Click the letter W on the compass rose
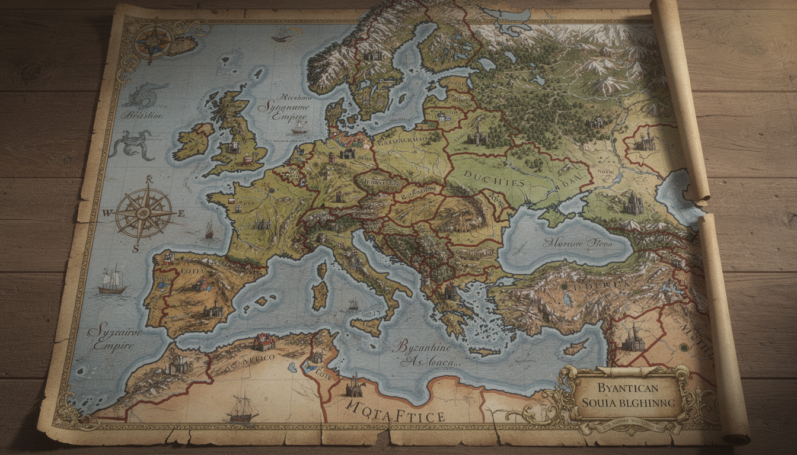(x=108, y=213)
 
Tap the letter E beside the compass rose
(x=181, y=213)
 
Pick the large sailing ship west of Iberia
(x=113, y=280)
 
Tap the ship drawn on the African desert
(x=243, y=408)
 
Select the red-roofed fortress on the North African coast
(x=264, y=342)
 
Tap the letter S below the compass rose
(x=136, y=249)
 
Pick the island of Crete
(x=484, y=351)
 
